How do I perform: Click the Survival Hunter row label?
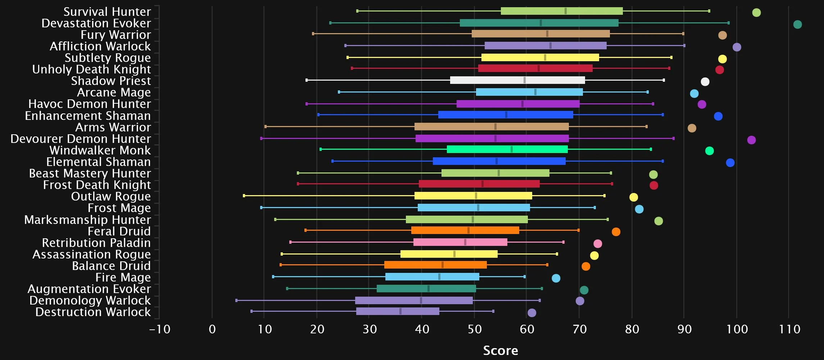[x=107, y=12]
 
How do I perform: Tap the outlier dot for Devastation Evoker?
[x=797, y=24]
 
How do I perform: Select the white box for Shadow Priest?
[x=517, y=80]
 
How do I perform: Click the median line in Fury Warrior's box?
[x=547, y=34]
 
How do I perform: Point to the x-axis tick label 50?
[x=474, y=329]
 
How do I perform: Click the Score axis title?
[x=501, y=350]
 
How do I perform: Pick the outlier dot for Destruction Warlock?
[x=532, y=313]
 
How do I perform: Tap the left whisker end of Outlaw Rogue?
[x=244, y=196]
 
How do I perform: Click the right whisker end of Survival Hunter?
[x=709, y=11]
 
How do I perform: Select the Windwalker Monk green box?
[x=507, y=149]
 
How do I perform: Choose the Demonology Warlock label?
[x=90, y=300]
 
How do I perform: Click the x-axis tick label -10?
[x=160, y=329]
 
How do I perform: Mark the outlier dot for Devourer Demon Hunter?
[x=751, y=140]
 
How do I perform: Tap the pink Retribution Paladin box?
[x=460, y=242]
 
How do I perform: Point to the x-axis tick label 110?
[x=789, y=329]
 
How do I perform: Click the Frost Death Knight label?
[x=97, y=185]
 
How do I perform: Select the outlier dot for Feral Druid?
[x=616, y=232]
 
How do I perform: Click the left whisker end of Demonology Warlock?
[x=236, y=300]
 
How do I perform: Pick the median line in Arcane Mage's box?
[x=535, y=92]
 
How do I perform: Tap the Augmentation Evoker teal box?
[x=426, y=289]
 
